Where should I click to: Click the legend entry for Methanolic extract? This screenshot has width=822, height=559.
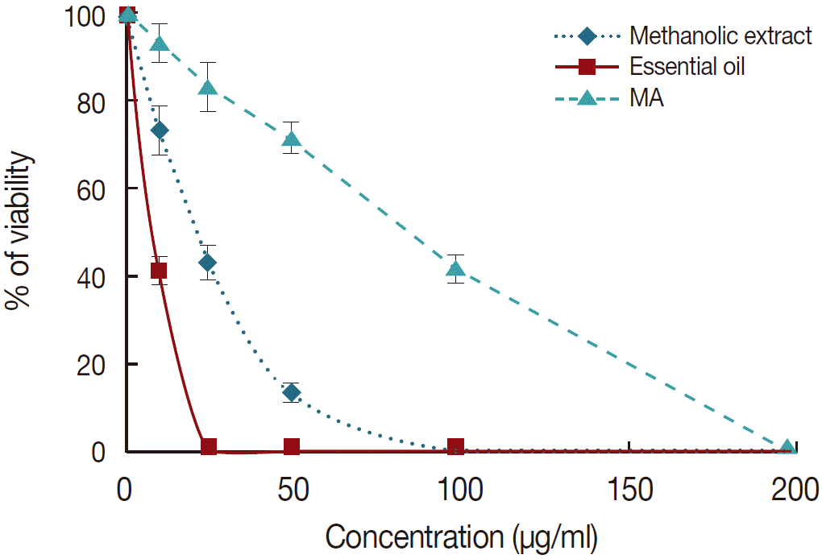pos(720,36)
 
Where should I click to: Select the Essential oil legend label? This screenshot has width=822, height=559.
pos(687,67)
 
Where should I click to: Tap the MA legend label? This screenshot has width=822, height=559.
pos(646,99)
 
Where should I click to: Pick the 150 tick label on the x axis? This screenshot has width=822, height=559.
pos(629,489)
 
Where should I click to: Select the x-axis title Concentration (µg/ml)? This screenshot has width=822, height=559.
pos(461,536)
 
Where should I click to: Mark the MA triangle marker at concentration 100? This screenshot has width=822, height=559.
pos(456,269)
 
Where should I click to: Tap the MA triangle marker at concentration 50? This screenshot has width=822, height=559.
pos(292,139)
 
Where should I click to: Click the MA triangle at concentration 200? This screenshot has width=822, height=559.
pos(789,448)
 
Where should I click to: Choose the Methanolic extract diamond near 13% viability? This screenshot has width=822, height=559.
pos(292,393)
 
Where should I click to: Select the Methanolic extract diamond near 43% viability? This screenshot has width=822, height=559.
pos(208,263)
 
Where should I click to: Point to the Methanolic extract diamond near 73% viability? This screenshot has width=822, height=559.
pos(160,130)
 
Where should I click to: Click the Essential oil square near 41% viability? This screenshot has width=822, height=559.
pos(159,271)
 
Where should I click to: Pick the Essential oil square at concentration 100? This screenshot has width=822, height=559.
pos(456,447)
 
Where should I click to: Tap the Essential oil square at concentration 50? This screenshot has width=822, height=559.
pos(292,447)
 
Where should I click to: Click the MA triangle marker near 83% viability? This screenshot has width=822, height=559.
pos(208,87)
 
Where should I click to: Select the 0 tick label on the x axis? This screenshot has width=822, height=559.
pos(126,489)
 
